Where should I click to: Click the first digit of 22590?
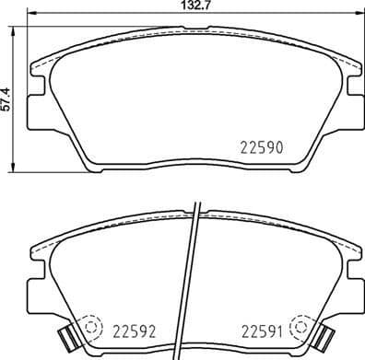(243, 146)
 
